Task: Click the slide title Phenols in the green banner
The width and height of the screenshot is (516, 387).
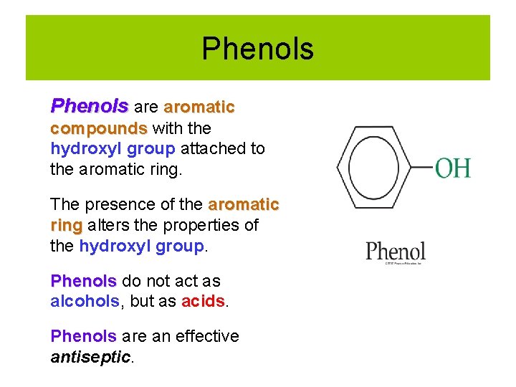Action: click(257, 49)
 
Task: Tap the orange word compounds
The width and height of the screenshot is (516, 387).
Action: click(98, 128)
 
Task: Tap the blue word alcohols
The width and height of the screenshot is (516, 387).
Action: click(84, 302)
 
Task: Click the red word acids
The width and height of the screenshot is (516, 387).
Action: click(204, 302)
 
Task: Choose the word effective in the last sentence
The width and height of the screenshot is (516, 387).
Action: click(200, 336)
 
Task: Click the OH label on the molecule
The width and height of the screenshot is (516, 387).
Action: click(453, 169)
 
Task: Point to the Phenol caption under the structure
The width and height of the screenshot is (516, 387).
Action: click(395, 252)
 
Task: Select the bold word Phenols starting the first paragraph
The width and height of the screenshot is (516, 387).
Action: click(89, 107)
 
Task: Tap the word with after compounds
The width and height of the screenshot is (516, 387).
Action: click(167, 128)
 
